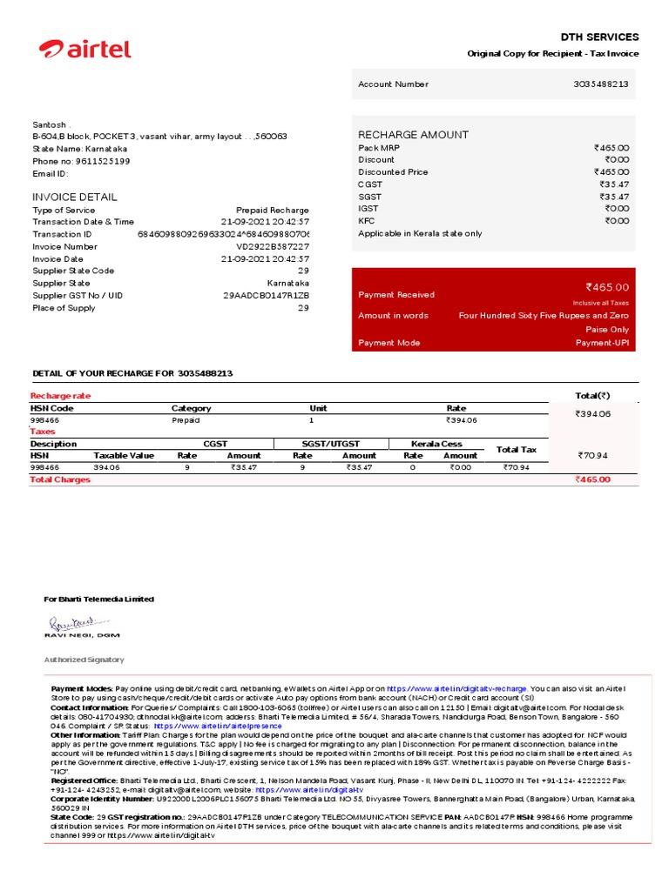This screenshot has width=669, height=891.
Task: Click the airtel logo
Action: coord(84,49)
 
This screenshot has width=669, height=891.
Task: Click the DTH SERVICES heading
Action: coord(599,37)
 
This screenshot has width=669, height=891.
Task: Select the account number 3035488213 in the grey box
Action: coord(601,84)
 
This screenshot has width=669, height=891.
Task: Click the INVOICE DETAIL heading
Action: coord(75,197)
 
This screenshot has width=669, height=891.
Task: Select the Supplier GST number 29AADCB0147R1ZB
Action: coord(267,295)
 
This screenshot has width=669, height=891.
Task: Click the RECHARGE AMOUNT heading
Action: coord(413,135)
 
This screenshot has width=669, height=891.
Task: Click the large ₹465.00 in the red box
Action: coord(607,287)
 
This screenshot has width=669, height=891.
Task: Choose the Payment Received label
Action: coord(396,295)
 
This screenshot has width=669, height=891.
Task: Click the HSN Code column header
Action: coord(52,407)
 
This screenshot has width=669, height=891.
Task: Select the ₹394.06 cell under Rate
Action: coord(462,420)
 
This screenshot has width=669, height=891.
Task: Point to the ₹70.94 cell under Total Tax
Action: coord(517,467)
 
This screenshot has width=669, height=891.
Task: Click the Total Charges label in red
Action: coord(60,479)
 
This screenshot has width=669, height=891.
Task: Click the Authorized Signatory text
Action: coord(84,660)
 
